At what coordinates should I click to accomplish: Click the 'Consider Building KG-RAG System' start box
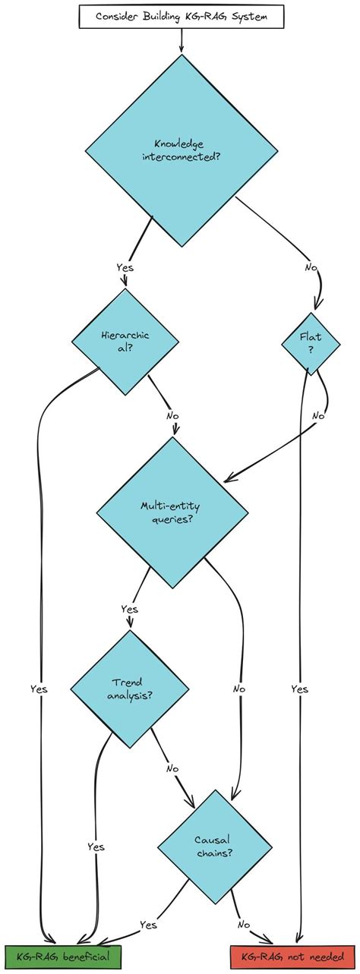(181, 16)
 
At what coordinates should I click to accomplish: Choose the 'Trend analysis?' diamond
(130, 689)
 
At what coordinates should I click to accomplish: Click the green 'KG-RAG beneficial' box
(63, 957)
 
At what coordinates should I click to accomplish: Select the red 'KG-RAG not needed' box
(292, 957)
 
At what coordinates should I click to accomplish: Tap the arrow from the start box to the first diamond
(181, 42)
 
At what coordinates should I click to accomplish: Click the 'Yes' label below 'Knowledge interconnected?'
(125, 268)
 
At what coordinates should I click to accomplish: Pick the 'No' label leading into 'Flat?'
(311, 269)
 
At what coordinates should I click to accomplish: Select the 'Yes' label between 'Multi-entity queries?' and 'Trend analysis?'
(129, 608)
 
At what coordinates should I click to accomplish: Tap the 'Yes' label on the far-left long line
(39, 689)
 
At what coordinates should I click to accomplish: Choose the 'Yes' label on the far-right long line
(299, 689)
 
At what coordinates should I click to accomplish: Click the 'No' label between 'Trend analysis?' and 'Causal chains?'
(172, 768)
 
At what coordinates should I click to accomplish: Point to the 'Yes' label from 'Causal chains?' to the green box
(149, 925)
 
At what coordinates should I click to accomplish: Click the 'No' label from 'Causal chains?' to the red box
(244, 925)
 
